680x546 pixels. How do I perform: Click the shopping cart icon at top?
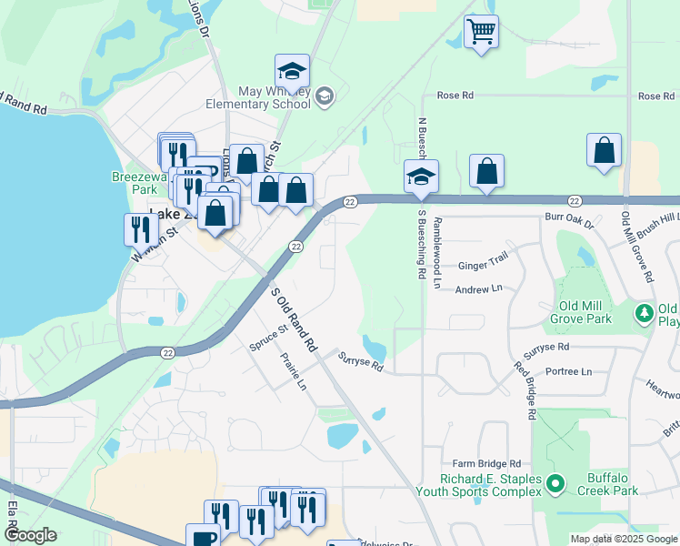tap(481, 32)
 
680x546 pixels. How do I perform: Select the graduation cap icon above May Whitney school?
tap(293, 71)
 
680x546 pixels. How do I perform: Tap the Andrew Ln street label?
tap(478, 288)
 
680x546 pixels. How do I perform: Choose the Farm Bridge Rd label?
tap(481, 463)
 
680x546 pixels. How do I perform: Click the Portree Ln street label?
tap(569, 371)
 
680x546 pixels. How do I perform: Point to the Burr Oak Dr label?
tap(568, 222)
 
